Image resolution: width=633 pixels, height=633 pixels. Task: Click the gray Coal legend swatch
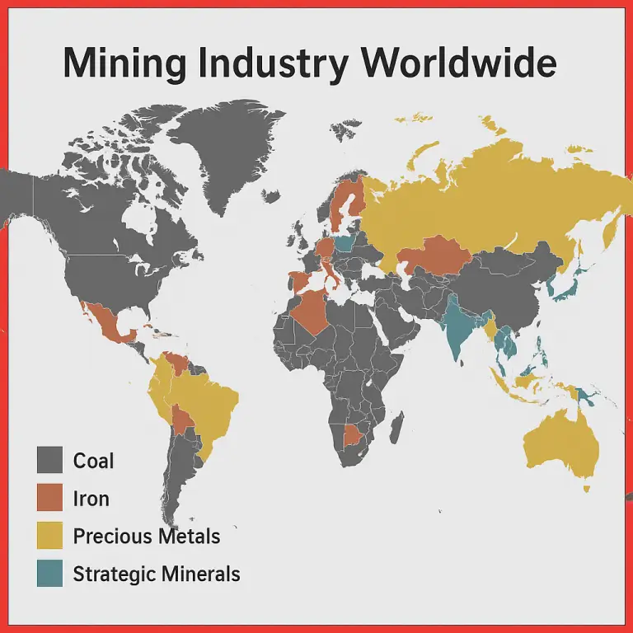pos(49,460)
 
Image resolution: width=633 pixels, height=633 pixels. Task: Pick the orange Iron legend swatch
pos(49,498)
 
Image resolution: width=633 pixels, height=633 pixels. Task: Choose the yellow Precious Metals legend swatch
pos(49,536)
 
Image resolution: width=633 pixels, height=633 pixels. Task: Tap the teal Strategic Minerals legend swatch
pos(49,574)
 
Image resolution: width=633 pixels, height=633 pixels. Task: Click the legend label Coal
pos(93,460)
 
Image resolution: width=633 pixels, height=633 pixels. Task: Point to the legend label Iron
pos(91,498)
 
